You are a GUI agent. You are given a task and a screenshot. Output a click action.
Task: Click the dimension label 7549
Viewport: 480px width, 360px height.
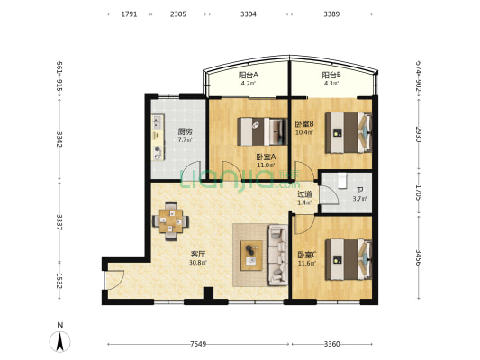tap(198, 344)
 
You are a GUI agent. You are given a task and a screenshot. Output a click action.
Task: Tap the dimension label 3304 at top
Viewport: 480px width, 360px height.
tap(249, 14)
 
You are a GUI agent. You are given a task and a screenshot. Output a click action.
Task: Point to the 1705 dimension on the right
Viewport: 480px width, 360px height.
tap(419, 193)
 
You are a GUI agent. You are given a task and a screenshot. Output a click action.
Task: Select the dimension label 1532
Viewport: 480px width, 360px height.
tap(59, 281)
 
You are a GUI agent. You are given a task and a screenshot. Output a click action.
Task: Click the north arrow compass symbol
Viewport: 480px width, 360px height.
tap(60, 340)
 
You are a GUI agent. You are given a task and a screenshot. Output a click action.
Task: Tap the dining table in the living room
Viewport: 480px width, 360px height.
tap(171, 220)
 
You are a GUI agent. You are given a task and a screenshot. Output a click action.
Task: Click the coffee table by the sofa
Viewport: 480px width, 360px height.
tap(251, 256)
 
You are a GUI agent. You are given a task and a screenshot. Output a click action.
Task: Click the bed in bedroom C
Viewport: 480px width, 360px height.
tap(349, 260)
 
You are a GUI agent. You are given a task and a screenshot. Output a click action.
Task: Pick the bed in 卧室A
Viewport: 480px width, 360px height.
tap(262, 131)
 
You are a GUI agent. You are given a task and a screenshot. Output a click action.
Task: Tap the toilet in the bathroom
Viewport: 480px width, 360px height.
tap(341, 181)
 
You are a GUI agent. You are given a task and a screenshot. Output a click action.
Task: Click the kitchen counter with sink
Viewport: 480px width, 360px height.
tap(158, 138)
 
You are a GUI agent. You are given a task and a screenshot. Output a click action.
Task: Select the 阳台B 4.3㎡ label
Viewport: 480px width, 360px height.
tap(331, 78)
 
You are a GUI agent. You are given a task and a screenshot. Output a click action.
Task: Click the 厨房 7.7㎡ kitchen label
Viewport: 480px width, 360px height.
tap(186, 136)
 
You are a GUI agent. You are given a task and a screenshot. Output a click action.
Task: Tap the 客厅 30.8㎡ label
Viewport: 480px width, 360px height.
tap(198, 258)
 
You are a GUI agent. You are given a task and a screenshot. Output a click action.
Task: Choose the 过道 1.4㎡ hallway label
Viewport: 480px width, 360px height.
tap(304, 198)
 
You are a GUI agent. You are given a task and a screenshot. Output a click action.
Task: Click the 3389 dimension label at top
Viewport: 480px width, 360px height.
tap(331, 14)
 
